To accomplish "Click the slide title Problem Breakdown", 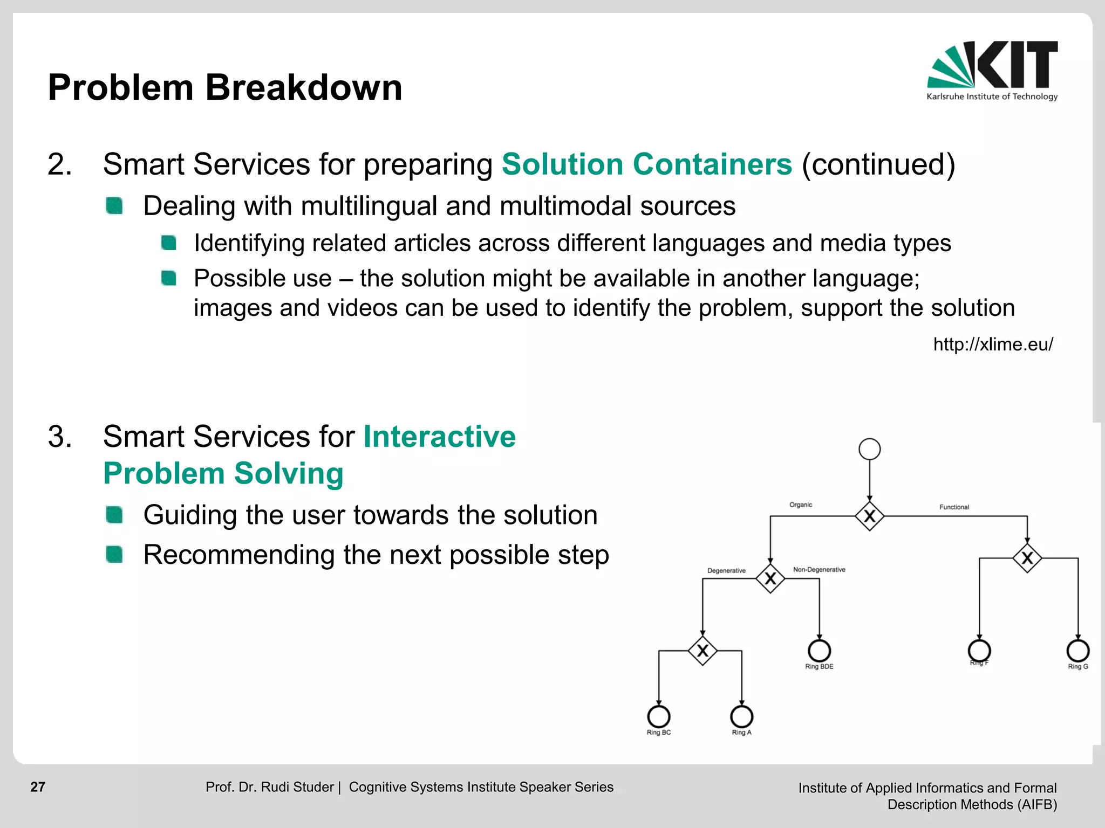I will point(225,87).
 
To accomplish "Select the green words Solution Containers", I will point(646,164).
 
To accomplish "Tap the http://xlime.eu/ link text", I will point(993,344).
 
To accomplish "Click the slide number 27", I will point(38,787).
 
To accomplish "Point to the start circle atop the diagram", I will point(869,449).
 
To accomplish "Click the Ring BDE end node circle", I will point(819,651).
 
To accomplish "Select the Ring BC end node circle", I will point(658,716).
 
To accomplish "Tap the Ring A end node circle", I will point(741,716).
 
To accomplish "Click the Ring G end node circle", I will point(1077,651).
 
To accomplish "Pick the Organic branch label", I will point(800,505).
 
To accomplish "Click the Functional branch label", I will point(954,507).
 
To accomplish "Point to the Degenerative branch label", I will point(726,571).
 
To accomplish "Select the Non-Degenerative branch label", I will point(818,570).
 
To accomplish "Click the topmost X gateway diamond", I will point(869,516).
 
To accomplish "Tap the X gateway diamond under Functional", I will point(1027,558).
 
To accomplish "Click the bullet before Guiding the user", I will point(114,515).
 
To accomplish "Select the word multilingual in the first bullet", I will point(369,206).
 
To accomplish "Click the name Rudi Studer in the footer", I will point(297,787).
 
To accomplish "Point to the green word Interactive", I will point(439,437).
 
